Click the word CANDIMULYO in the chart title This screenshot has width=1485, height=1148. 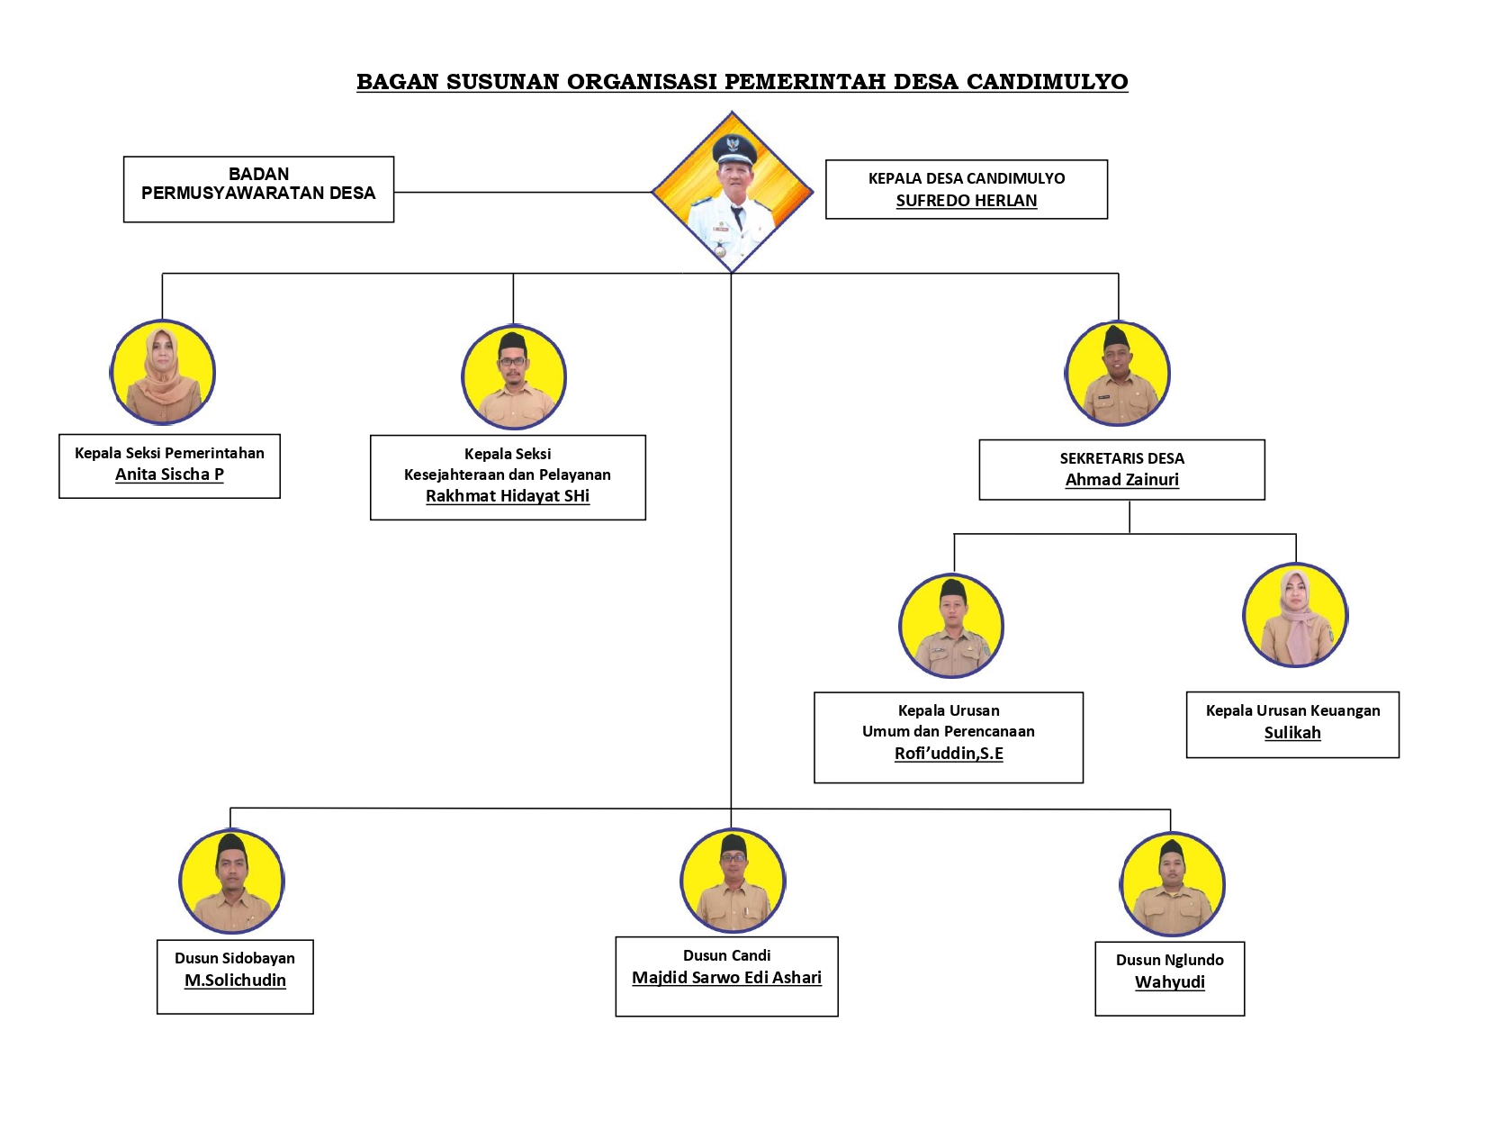(x=1047, y=82)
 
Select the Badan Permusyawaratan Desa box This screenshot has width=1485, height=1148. (x=258, y=189)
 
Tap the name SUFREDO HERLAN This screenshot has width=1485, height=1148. (x=966, y=201)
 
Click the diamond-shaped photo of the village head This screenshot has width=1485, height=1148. (x=733, y=192)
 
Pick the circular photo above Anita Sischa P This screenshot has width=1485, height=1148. (x=163, y=372)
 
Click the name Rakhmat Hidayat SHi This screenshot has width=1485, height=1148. (x=508, y=496)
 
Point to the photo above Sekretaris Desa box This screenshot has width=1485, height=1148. (x=1118, y=373)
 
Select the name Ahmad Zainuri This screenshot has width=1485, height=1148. (x=1121, y=480)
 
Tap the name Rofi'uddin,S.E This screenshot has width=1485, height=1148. (x=949, y=754)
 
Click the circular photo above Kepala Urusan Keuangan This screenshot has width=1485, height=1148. (x=1295, y=615)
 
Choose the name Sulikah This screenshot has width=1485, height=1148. (x=1292, y=733)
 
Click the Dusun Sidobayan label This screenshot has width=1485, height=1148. (x=235, y=958)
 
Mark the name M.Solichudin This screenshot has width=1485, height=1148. (x=235, y=981)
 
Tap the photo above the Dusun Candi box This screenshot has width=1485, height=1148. (x=733, y=881)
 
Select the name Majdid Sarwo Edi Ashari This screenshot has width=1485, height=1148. (x=726, y=978)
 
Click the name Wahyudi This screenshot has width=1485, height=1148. (x=1169, y=982)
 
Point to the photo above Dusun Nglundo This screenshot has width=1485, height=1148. (x=1172, y=884)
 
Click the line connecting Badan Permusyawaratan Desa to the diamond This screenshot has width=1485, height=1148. (x=522, y=192)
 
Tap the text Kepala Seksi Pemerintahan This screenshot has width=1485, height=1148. (x=169, y=453)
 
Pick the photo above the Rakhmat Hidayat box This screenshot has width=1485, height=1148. (x=513, y=376)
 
